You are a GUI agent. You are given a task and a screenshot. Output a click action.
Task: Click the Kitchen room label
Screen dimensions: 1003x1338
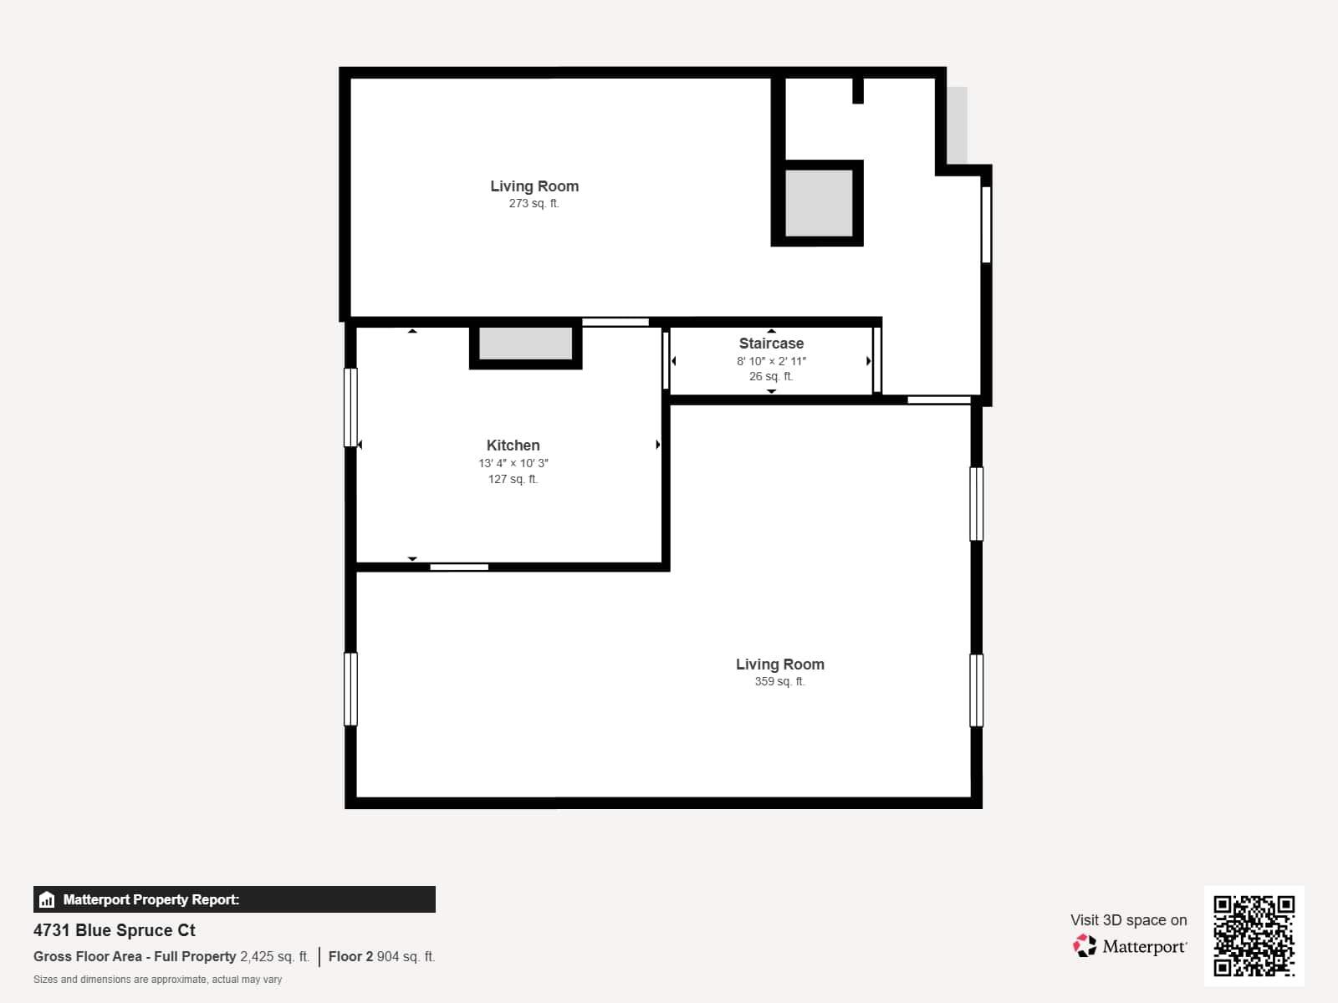tap(513, 445)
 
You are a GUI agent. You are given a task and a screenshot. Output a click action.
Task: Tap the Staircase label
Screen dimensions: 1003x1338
tap(771, 344)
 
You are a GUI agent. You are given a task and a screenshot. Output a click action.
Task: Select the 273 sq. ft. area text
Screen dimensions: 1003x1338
tap(534, 203)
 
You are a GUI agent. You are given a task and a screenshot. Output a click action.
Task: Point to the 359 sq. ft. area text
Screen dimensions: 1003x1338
tap(779, 681)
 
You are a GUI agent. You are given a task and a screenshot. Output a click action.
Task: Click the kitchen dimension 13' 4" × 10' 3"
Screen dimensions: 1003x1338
tap(513, 463)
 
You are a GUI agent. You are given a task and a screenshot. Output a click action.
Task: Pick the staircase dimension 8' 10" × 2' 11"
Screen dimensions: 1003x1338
tap(771, 361)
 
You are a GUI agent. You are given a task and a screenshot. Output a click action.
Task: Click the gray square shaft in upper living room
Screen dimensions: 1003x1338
tap(818, 203)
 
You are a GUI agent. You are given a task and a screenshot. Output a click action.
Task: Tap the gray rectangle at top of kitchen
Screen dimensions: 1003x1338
tap(525, 344)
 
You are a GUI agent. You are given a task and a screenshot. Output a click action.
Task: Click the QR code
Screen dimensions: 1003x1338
tap(1254, 935)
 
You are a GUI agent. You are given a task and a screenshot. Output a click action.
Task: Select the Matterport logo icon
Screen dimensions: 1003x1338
tap(1085, 946)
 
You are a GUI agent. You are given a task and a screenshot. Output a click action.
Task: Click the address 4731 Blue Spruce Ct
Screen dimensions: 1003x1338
tap(115, 930)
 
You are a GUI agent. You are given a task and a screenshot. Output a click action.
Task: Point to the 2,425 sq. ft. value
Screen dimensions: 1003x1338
tap(274, 956)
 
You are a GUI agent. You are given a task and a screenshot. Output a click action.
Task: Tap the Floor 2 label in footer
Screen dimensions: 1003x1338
tap(350, 956)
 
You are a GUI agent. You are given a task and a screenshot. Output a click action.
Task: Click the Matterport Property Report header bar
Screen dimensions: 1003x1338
tap(234, 899)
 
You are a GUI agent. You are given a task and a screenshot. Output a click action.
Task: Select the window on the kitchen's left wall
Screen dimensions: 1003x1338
tap(350, 407)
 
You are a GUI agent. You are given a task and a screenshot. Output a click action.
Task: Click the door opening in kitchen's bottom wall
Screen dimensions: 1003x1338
tap(459, 568)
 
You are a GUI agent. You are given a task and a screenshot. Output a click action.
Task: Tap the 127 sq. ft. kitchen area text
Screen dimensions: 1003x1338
tap(513, 479)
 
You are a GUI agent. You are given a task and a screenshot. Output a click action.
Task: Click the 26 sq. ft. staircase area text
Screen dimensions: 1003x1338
tap(771, 376)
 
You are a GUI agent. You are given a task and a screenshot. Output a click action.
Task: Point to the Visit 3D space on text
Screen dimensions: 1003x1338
tap(1128, 919)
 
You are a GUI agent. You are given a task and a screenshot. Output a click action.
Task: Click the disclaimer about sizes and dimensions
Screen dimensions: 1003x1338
tap(157, 980)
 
